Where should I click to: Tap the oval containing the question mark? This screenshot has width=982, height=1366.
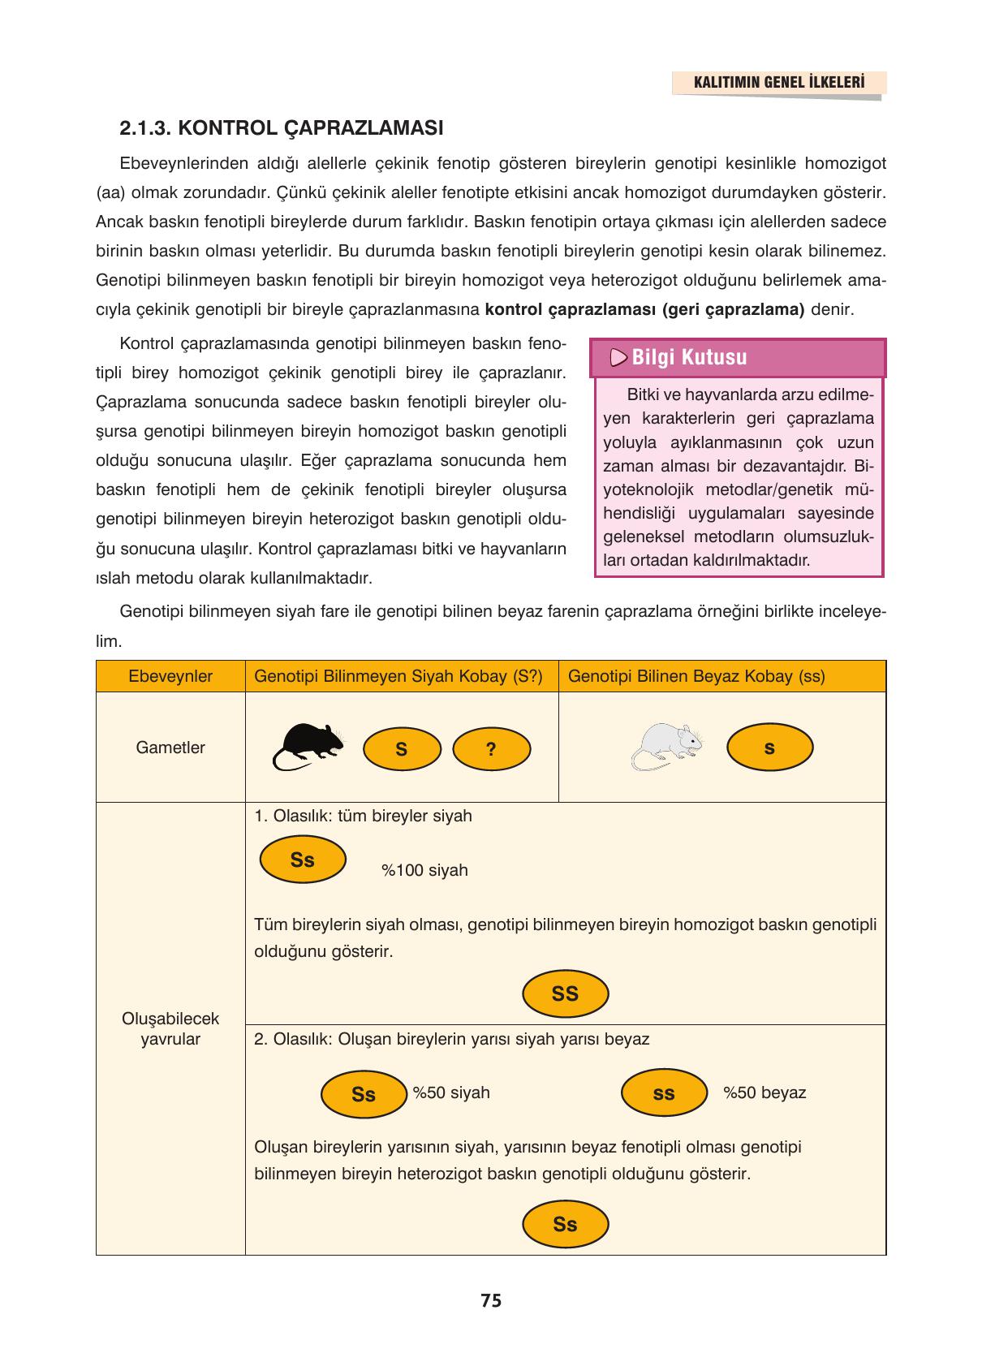[x=491, y=749]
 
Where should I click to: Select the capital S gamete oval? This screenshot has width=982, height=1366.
[x=402, y=749]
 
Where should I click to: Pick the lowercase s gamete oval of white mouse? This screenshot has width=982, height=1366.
[x=769, y=748]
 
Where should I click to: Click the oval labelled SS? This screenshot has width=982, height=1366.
[x=565, y=993]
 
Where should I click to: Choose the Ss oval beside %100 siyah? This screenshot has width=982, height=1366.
[x=303, y=860]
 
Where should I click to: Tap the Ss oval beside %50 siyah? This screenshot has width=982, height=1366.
[x=364, y=1094]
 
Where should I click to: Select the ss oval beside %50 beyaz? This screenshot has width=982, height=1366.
[x=663, y=1093]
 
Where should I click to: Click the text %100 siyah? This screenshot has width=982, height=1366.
[x=424, y=871]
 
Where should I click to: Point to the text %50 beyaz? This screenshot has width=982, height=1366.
[x=764, y=1093]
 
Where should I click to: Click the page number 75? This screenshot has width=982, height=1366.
[x=491, y=1301]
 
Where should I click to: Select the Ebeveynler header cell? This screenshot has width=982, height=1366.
[x=170, y=677]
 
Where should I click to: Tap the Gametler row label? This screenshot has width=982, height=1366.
[x=170, y=748]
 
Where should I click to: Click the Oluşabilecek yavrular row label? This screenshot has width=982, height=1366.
[x=170, y=1028]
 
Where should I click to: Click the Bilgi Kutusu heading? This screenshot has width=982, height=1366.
[x=689, y=357]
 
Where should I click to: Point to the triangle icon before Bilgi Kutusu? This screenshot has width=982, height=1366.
[x=618, y=357]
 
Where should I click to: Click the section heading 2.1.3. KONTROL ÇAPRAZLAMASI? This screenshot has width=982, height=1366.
[x=281, y=128]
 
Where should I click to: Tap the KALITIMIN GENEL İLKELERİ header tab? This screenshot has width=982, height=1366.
[x=778, y=83]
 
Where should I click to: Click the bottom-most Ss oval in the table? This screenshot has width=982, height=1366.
[x=565, y=1225]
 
